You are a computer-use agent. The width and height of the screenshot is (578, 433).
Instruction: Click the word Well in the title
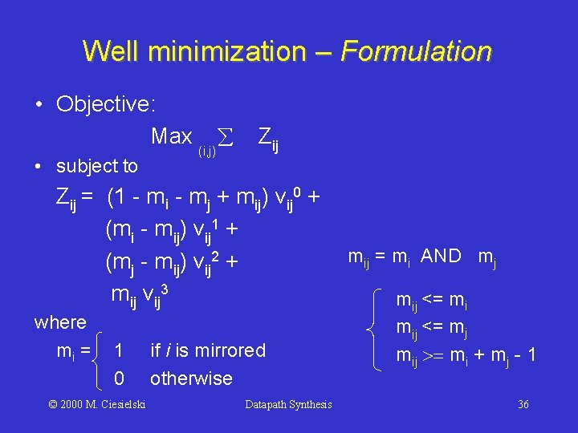point(111,51)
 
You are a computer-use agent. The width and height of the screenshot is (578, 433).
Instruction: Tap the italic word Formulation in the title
point(416,51)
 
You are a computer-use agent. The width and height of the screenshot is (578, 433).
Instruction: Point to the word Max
point(171,136)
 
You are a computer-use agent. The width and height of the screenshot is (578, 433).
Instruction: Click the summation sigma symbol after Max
point(226,138)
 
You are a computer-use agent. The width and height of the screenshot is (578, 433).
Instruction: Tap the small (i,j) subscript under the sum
point(207,149)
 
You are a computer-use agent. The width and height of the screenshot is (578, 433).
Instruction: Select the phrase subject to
point(97,166)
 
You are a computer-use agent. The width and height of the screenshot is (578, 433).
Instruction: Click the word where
point(60,322)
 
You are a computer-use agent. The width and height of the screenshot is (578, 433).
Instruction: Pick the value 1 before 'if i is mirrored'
point(119,350)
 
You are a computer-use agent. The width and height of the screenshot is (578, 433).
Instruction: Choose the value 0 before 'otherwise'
point(119,378)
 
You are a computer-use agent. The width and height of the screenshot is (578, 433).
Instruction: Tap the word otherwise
point(191,378)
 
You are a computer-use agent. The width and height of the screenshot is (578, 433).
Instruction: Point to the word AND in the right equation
point(441,256)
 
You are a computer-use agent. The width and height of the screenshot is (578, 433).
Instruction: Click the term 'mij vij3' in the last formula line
point(140,296)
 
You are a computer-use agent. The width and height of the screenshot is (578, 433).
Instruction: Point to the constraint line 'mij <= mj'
point(432,328)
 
